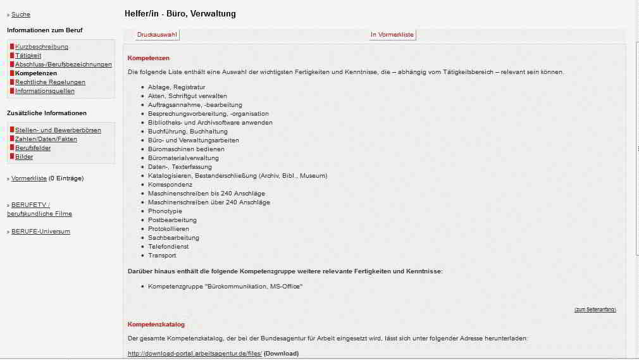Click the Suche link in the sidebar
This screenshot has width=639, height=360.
point(21,15)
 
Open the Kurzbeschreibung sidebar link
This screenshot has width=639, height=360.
point(42,47)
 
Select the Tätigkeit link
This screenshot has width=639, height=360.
point(28,56)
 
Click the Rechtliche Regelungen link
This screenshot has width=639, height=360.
point(50,82)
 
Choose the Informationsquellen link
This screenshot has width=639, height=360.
point(45,91)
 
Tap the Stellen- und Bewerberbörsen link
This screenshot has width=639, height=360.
point(58,130)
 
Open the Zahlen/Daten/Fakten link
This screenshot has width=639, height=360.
point(46,139)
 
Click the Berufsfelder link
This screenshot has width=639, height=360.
point(33,148)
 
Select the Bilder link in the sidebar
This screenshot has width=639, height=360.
point(24,157)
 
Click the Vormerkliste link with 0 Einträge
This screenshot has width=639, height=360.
point(29,178)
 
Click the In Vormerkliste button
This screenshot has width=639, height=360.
point(392,35)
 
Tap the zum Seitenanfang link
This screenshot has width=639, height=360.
point(595,309)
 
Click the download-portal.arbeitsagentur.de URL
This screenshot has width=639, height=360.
point(194,354)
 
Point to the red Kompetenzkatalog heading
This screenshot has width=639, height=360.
point(156,325)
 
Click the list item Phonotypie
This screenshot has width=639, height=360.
point(165,211)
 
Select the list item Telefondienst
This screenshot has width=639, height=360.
point(170,247)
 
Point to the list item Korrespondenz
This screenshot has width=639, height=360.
point(170,185)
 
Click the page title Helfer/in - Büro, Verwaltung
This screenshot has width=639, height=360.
point(180,14)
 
